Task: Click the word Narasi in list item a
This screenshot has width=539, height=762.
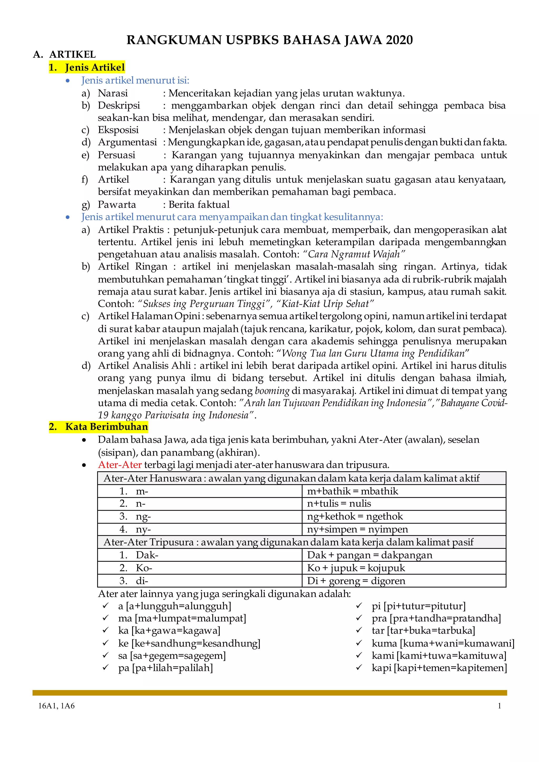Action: coord(113,93)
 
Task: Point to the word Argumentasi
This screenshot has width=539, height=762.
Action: coord(127,142)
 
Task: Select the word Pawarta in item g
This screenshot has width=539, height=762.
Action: coord(117,204)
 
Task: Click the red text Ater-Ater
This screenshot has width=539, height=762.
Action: coord(120,465)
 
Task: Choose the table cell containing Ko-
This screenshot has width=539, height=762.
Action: coord(199,568)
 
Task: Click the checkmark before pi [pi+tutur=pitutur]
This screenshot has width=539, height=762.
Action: coord(359,606)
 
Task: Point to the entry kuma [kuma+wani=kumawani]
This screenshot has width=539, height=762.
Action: coord(443,644)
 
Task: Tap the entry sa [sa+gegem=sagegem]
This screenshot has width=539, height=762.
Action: coord(172,656)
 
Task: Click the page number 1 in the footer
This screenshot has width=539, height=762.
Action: coord(499,706)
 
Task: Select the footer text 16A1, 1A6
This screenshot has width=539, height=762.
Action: coord(56,706)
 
